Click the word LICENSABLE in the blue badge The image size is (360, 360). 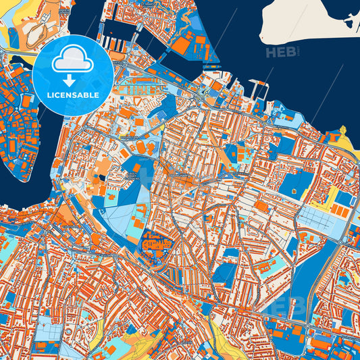pyautogui.click(x=73, y=95)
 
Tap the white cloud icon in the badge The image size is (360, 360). pyautogui.click(x=73, y=61)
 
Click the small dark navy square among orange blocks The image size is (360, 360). pyautogui.click(x=102, y=177)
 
